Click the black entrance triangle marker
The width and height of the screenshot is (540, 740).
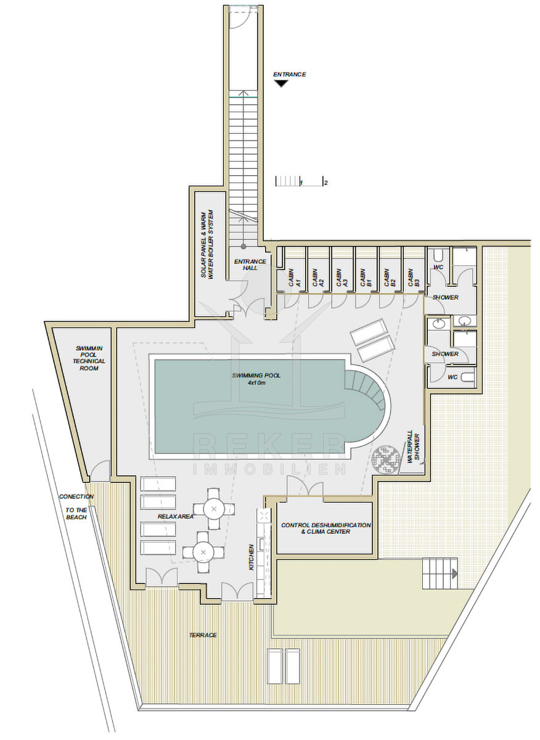[x=281, y=84]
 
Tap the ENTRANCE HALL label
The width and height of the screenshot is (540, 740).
[x=250, y=265]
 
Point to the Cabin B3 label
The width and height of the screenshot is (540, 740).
[x=414, y=277]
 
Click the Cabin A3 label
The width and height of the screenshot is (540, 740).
[x=342, y=277]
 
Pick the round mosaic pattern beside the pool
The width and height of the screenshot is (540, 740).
[x=385, y=459]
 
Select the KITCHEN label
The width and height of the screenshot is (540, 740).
[x=252, y=557]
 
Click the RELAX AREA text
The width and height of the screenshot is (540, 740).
[x=175, y=516]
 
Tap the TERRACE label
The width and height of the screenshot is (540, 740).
[x=203, y=635]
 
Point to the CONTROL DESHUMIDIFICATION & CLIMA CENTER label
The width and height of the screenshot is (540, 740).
[x=325, y=528]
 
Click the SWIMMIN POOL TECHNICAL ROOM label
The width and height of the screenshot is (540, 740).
[x=89, y=358]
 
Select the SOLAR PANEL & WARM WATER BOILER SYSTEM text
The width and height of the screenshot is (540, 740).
[x=207, y=244]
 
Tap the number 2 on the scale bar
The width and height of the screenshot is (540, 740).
[x=326, y=183]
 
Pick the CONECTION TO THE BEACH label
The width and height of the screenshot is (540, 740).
[x=76, y=507]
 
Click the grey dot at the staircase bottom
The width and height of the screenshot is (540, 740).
[x=243, y=246]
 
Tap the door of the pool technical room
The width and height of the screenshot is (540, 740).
[x=99, y=471]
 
